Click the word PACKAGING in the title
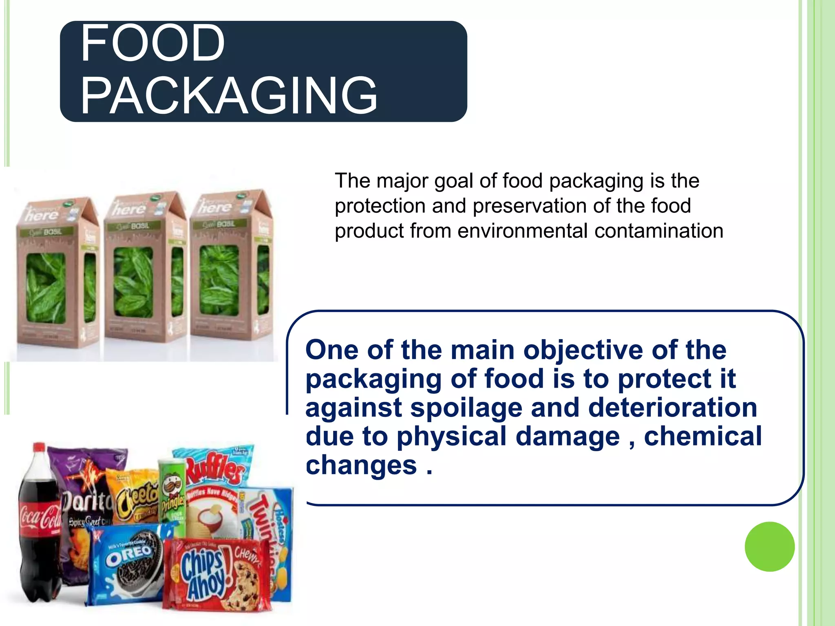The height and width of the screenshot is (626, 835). [229, 96]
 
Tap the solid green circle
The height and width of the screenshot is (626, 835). [769, 547]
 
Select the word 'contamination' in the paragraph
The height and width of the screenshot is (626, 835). [659, 231]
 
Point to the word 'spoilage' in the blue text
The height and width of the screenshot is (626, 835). [466, 408]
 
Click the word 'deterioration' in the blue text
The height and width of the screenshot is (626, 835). [673, 408]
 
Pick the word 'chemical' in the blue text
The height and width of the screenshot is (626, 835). [702, 436]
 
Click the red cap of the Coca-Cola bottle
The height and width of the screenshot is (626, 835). [40, 447]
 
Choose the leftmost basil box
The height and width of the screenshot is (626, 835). [57, 273]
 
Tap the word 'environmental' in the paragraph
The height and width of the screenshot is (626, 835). [522, 231]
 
